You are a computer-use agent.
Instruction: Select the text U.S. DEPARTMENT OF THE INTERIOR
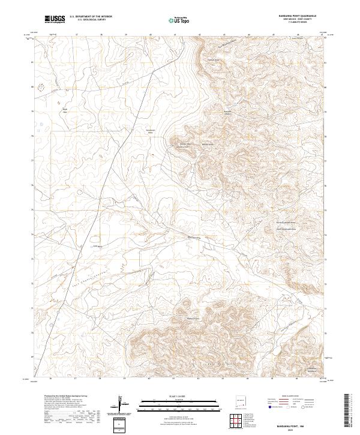point(91,17)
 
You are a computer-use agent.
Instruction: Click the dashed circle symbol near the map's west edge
point(41,87)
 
